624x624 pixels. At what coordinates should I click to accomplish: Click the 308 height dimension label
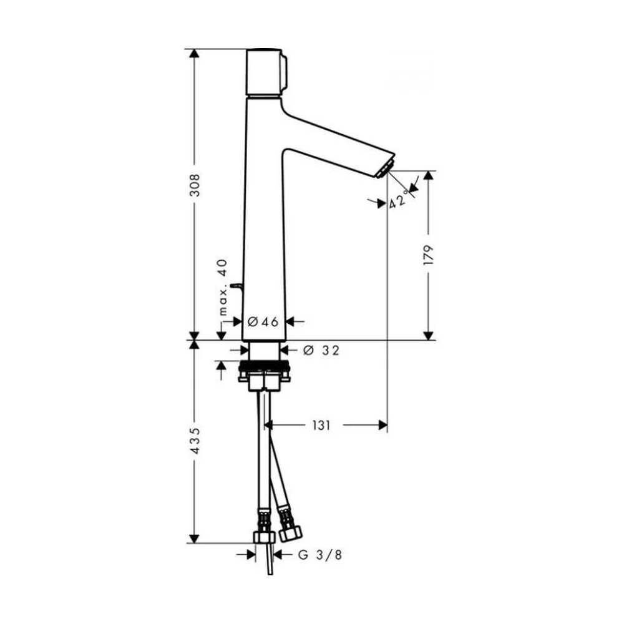pos(195,185)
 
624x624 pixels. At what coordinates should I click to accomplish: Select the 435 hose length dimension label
pos(195,441)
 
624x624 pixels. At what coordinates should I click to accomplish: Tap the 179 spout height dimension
pos(429,255)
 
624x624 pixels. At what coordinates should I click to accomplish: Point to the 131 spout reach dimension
pos(321,426)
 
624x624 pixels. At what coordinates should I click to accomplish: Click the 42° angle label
pos(399,199)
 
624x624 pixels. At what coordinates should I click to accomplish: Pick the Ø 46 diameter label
pos(263,321)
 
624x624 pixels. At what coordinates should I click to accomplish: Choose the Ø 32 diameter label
pos(321,350)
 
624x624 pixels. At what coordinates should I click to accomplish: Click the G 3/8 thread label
pos(320,555)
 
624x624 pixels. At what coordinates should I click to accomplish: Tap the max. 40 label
pos(223,288)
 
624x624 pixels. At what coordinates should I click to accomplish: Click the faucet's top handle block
pos(266,72)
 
